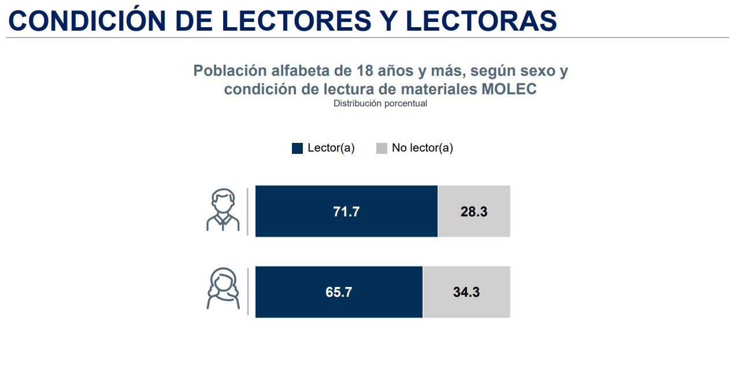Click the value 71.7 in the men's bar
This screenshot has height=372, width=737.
coord(346,212)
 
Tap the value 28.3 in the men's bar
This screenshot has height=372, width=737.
coord(474,212)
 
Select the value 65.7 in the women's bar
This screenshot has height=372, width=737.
coord(339,292)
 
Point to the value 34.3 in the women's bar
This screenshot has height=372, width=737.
coord(466,292)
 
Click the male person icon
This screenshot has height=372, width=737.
coord(222,211)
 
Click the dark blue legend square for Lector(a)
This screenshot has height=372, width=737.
coord(298,148)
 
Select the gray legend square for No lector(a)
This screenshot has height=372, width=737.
coord(382,148)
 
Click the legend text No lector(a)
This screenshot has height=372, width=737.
coord(422,148)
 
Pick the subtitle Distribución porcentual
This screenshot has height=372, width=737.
coord(380,104)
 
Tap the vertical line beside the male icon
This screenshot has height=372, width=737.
coord(247,211)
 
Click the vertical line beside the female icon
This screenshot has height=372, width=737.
coord(247,292)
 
